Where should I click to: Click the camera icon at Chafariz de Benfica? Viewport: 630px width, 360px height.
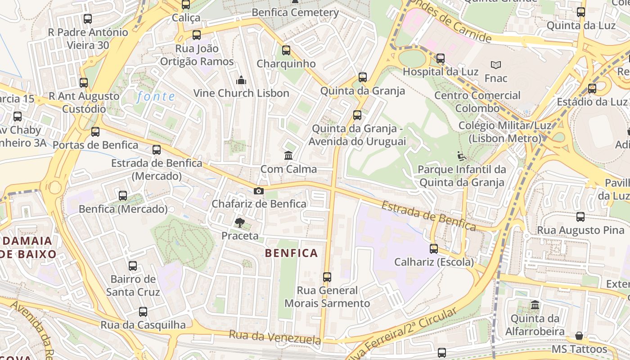[x=258, y=191]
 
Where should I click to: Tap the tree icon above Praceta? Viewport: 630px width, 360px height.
[x=240, y=222]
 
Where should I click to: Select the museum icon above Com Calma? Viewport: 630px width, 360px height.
[x=288, y=156]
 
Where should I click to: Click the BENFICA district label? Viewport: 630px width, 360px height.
[x=292, y=253]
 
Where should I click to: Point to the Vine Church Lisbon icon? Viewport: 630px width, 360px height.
[x=241, y=80]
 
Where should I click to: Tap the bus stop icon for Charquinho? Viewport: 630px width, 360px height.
[x=286, y=50]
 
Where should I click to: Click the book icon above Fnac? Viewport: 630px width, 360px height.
[x=496, y=65]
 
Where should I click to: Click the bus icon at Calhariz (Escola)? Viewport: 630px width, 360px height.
[x=434, y=248]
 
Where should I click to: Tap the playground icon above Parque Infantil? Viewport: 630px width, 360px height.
[x=462, y=156]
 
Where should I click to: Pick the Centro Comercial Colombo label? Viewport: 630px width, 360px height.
[x=477, y=102]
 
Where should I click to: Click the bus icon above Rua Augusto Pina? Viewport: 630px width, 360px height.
[x=580, y=217]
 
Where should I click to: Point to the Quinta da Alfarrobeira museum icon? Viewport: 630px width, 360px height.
[x=535, y=305]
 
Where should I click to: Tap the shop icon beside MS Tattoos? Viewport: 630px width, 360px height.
[x=579, y=336]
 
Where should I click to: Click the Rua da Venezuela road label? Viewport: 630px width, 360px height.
[x=275, y=337]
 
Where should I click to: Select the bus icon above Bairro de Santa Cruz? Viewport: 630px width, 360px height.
[x=132, y=265]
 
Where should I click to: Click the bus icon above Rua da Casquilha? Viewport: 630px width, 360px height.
[x=143, y=311]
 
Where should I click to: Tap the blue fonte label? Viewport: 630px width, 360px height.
[x=156, y=96]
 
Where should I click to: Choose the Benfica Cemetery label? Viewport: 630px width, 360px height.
[x=295, y=12]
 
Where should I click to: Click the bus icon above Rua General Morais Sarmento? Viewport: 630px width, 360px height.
[x=327, y=277]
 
